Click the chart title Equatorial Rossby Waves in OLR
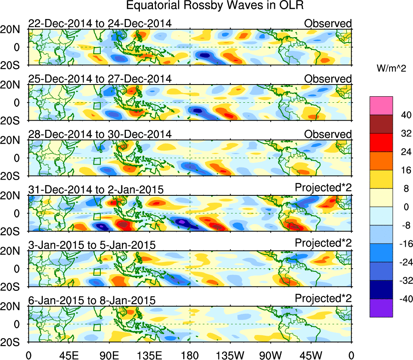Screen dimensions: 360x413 214,6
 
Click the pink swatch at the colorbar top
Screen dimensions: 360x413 381,106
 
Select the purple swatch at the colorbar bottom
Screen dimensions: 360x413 381,308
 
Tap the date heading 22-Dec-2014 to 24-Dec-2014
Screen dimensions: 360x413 100,23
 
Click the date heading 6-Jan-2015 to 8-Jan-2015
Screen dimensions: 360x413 92,301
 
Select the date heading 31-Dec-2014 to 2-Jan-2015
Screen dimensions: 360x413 96,189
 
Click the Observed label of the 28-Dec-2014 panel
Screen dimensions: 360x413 328,134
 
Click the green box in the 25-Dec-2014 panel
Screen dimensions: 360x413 97,106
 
